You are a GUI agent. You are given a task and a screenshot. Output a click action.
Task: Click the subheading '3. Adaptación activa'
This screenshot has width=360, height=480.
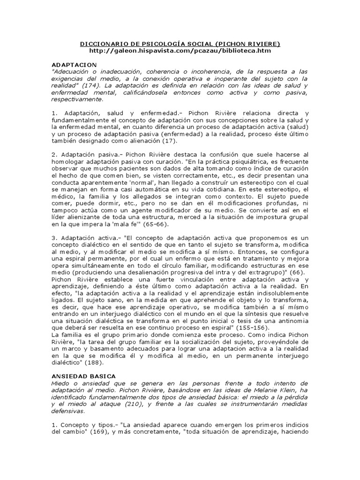tap(83, 238)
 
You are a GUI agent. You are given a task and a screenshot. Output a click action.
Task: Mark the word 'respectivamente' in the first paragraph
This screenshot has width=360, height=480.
tap(77, 100)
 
